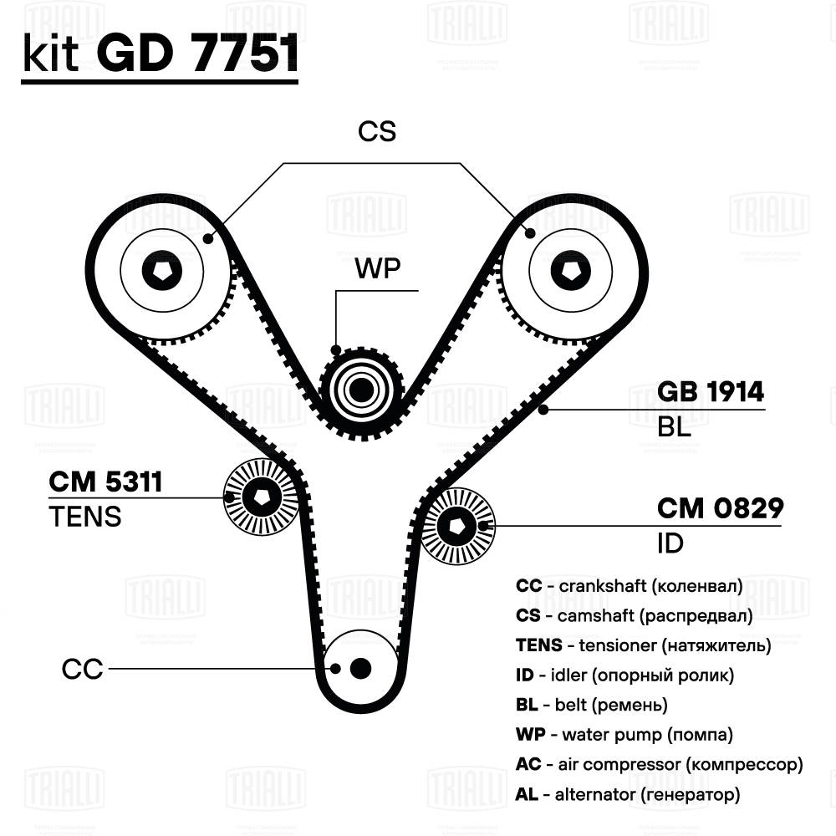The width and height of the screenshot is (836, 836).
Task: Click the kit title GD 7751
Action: [x=197, y=54]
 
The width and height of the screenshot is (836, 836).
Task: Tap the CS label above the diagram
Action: [x=377, y=131]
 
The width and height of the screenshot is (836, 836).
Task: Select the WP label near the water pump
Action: [x=378, y=268]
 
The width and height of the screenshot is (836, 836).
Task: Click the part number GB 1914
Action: [x=710, y=391]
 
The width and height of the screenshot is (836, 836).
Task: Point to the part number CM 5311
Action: [x=105, y=482]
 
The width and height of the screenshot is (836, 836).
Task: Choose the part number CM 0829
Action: [x=721, y=508]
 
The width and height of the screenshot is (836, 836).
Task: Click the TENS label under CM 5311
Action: [x=85, y=517]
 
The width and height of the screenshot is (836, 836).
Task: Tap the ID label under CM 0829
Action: [x=670, y=543]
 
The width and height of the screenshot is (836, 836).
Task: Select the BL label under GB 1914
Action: [x=674, y=426]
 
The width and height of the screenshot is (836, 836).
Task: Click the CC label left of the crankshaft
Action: [x=82, y=669]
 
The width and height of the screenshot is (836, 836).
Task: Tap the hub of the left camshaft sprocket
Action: [x=162, y=271]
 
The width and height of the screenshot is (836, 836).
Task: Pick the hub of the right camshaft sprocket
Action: [x=570, y=271]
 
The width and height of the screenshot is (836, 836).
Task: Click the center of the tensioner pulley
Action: [x=262, y=497]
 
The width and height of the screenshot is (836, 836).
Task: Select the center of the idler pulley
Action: [x=457, y=526]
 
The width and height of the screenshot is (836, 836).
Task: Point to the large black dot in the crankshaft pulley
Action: [x=360, y=668]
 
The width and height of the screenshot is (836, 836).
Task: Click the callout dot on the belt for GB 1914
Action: [x=543, y=410]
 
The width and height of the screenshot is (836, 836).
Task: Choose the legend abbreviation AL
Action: [x=527, y=794]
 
